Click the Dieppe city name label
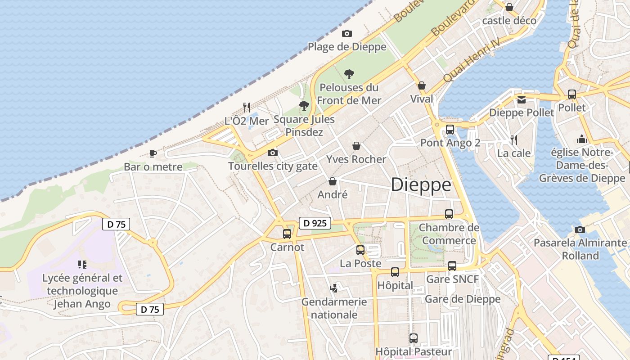[x=421, y=185]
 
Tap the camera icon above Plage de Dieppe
[x=346, y=33]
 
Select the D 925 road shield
[x=315, y=223]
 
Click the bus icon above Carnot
[x=287, y=234]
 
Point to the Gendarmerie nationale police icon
[x=334, y=288]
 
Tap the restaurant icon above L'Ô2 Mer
[x=247, y=107]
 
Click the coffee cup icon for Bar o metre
[x=153, y=153]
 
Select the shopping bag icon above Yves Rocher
[x=356, y=146]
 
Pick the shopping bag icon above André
[x=333, y=181]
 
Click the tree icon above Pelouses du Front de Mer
[x=349, y=74]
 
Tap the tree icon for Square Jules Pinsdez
[x=304, y=106]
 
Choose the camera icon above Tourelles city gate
[x=272, y=153]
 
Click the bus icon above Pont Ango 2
[x=450, y=130]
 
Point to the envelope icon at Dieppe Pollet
[x=522, y=100]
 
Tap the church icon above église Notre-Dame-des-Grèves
[x=581, y=139]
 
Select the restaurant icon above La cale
[x=514, y=140]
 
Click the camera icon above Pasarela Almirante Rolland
[x=580, y=230]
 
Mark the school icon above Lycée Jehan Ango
[x=82, y=264]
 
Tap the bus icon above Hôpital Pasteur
[x=414, y=338]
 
